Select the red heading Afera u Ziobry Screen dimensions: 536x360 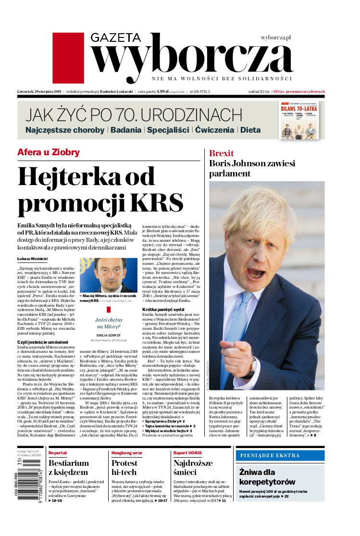[x=49, y=152]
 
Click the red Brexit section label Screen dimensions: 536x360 [x=222, y=153]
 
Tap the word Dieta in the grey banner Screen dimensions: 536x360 [x=250, y=130]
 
